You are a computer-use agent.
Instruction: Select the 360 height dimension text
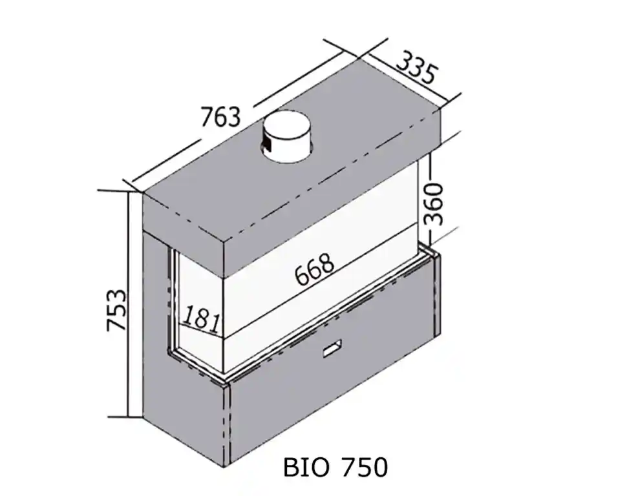(435, 203)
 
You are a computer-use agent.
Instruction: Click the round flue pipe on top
(288, 139)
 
